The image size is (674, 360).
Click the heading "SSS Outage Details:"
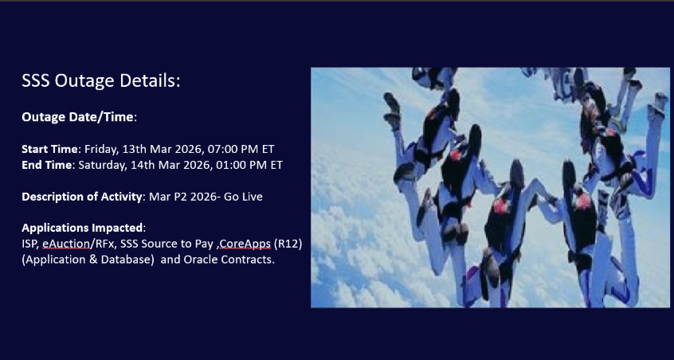(x=101, y=80)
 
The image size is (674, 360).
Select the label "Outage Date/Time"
(x=77, y=117)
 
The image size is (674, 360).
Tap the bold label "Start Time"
(x=50, y=149)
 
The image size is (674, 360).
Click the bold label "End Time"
(x=47, y=165)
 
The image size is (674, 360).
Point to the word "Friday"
(x=101, y=150)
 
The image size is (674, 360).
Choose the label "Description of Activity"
(x=82, y=198)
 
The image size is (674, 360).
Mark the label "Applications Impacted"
(x=82, y=228)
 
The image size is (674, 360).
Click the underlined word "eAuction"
(x=66, y=244)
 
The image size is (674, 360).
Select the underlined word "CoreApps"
(x=245, y=244)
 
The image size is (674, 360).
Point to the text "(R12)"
(x=288, y=244)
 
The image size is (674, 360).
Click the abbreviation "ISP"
(x=30, y=244)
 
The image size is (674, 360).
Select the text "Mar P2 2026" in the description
(x=182, y=197)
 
